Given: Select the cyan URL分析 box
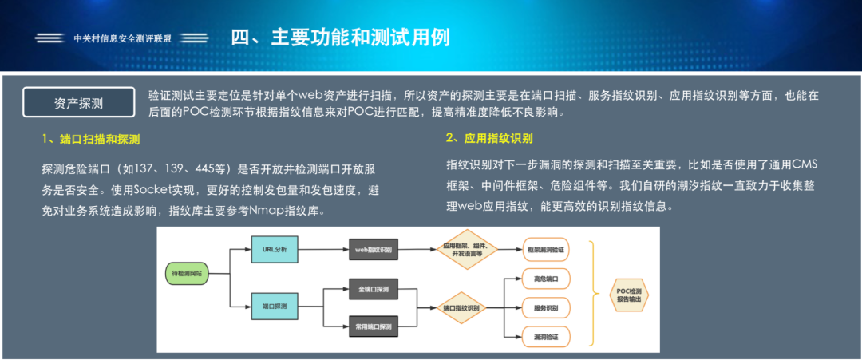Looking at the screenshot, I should (x=274, y=250).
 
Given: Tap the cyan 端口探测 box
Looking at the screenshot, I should (x=274, y=306).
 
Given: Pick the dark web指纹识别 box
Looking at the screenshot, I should (x=374, y=250).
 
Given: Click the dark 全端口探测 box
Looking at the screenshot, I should (x=374, y=288).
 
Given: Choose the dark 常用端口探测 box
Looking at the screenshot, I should (x=374, y=326).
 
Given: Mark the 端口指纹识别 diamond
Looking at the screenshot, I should (x=461, y=307).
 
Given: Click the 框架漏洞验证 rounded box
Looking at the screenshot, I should (x=546, y=250).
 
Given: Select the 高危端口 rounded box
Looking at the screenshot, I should (x=546, y=279).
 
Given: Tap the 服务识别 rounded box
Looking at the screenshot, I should (x=546, y=307).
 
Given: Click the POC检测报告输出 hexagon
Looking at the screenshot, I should (x=629, y=294).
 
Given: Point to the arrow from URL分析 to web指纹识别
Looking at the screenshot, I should (x=322, y=250).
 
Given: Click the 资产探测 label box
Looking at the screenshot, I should (x=78, y=103).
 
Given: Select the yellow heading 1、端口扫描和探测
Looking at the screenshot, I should (x=91, y=139).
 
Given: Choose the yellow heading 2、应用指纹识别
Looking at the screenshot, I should (x=489, y=137).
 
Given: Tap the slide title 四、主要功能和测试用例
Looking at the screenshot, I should (x=341, y=37).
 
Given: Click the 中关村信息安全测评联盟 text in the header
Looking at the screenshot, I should (x=122, y=38).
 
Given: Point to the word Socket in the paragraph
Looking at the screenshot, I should (x=156, y=190).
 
